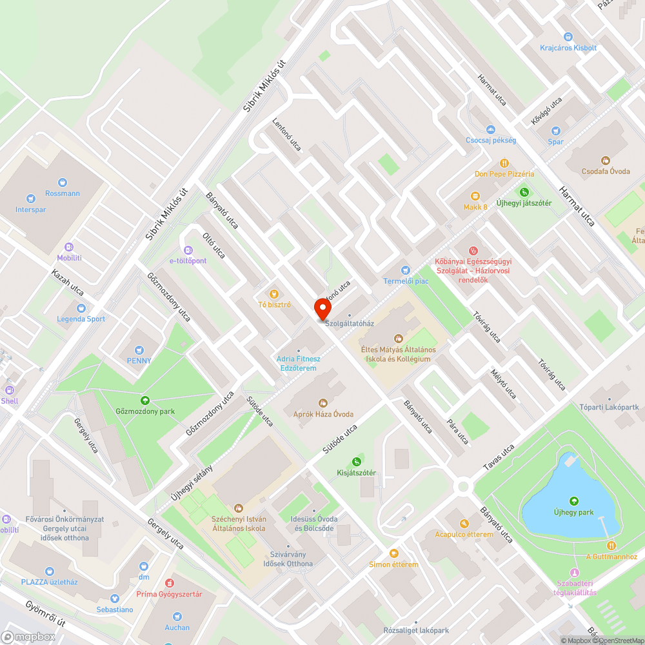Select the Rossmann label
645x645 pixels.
pyautogui.click(x=63, y=193)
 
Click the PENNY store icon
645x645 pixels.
pyautogui.click(x=139, y=349)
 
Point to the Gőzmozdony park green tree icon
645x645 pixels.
pyautogui.click(x=144, y=401)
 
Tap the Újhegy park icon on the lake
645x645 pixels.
pyautogui.click(x=573, y=501)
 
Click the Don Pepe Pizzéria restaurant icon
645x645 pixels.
pyautogui.click(x=504, y=163)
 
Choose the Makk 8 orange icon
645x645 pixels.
pyautogui.click(x=475, y=196)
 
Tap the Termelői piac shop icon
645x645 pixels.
pyautogui.click(x=405, y=270)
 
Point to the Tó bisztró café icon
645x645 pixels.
pyautogui.click(x=275, y=293)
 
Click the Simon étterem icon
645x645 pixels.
pyautogui.click(x=393, y=553)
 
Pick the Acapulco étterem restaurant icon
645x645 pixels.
pyautogui.click(x=464, y=523)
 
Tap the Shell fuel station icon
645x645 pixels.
pyautogui.click(x=9, y=390)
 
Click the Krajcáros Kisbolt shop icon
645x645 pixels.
pyautogui.click(x=568, y=37)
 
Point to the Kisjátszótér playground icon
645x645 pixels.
pyautogui.click(x=356, y=462)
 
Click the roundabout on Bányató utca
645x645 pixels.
pyautogui.click(x=462, y=486)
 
